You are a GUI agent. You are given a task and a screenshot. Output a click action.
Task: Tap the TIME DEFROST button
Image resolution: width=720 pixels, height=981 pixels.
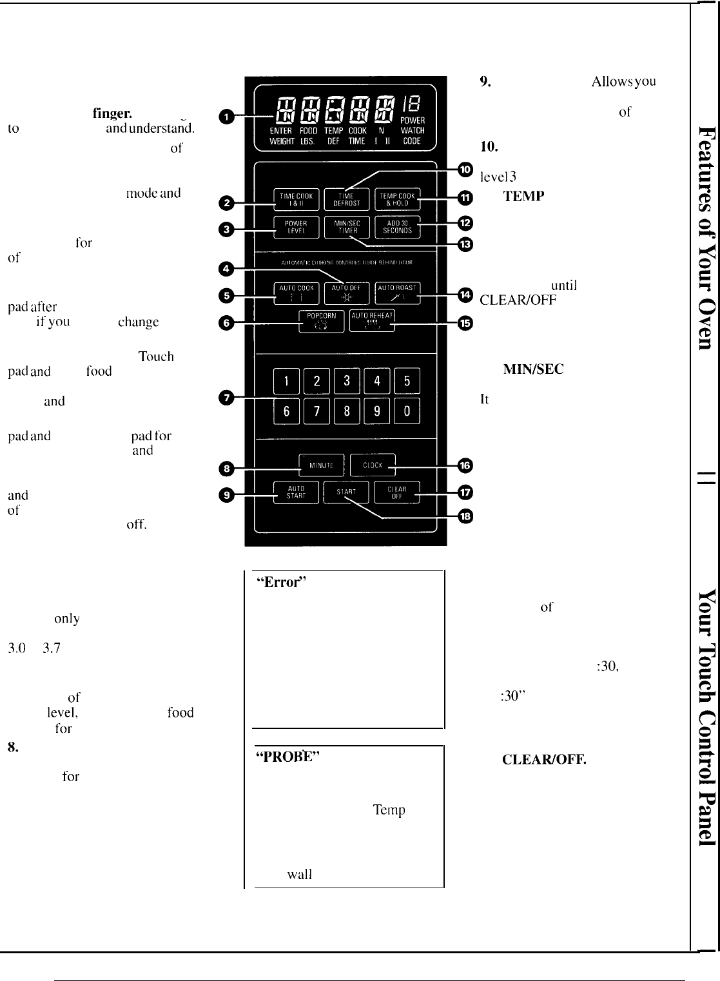(x=346, y=199)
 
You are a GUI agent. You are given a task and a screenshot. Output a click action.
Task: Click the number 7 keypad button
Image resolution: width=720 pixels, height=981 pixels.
(x=316, y=411)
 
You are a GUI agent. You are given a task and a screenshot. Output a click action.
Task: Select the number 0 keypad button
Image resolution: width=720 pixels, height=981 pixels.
(x=407, y=411)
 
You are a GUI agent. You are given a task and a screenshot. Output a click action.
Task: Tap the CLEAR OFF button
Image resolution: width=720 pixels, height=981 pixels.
(x=396, y=492)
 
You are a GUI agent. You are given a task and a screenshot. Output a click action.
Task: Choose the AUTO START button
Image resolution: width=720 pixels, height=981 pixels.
(x=296, y=492)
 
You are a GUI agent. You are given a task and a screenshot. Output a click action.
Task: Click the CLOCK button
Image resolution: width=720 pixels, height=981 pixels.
(x=373, y=465)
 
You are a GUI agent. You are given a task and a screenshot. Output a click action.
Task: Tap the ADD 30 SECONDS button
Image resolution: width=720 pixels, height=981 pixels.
(x=397, y=227)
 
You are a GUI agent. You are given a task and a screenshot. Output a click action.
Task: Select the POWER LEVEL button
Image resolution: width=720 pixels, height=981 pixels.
(x=296, y=227)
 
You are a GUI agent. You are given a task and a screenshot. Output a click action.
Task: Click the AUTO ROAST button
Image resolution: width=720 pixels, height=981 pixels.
(x=397, y=293)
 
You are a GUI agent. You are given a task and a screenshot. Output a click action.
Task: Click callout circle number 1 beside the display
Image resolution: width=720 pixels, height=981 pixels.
(x=226, y=117)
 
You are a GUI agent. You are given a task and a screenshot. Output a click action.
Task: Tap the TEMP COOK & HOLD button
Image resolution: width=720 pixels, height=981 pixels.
(x=397, y=199)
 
